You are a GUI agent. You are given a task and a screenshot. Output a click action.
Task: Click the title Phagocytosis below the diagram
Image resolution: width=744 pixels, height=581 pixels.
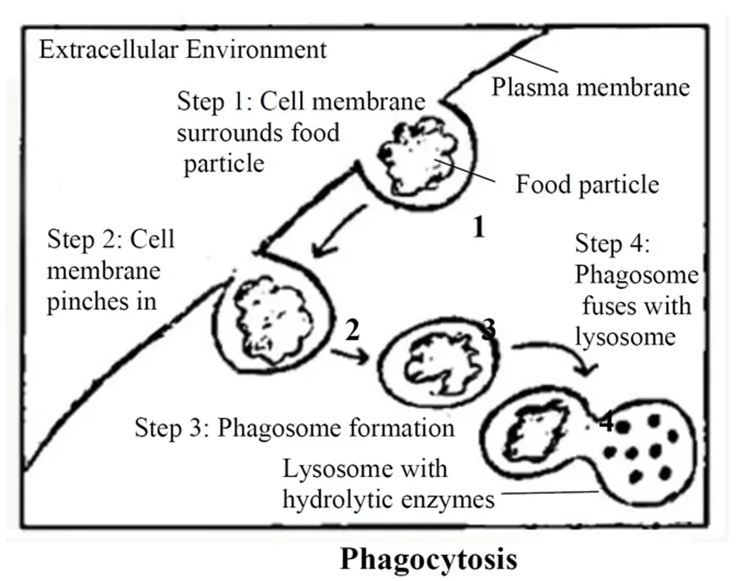pyautogui.click(x=429, y=560)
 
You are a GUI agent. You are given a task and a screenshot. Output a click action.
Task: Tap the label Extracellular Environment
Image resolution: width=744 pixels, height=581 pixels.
pyautogui.click(x=182, y=49)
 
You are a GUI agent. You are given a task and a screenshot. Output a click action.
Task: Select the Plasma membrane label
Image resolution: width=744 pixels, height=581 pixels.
pyautogui.click(x=590, y=87)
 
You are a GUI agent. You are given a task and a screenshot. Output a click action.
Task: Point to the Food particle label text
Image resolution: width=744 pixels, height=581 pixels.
pyautogui.click(x=587, y=184)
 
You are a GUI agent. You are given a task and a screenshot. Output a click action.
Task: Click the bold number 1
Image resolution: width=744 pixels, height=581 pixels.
pyautogui.click(x=478, y=228)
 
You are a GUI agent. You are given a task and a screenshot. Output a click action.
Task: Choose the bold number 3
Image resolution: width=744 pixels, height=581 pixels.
pyautogui.click(x=488, y=330)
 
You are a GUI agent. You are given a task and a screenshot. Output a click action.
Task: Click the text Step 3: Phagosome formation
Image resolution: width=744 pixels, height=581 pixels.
pyautogui.click(x=294, y=428)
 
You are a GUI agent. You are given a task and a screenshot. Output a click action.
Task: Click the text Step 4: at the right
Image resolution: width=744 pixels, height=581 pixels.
pyautogui.click(x=612, y=244)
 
